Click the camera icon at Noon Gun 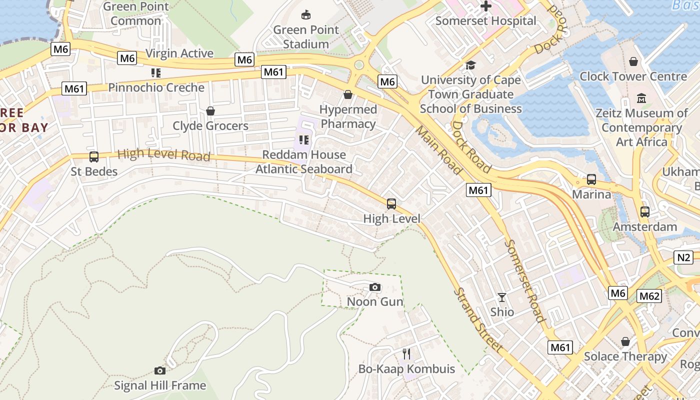[x=375, y=287]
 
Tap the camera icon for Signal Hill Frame [x=160, y=370]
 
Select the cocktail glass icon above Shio [x=502, y=297]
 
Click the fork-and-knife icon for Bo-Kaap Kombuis [x=407, y=354]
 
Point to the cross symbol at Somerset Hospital [x=486, y=6]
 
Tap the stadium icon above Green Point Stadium [x=306, y=15]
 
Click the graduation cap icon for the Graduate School [x=470, y=65]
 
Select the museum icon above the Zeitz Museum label [x=641, y=98]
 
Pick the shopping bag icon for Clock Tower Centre [x=633, y=61]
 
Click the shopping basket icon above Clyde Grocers [x=210, y=110]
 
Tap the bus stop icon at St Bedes [x=93, y=157]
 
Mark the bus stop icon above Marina [x=591, y=179]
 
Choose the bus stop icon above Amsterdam [x=645, y=212]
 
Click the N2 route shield [x=683, y=257]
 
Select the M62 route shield [x=649, y=296]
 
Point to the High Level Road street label [x=163, y=154]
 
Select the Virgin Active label [x=179, y=53]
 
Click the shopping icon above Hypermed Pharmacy [x=348, y=94]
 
